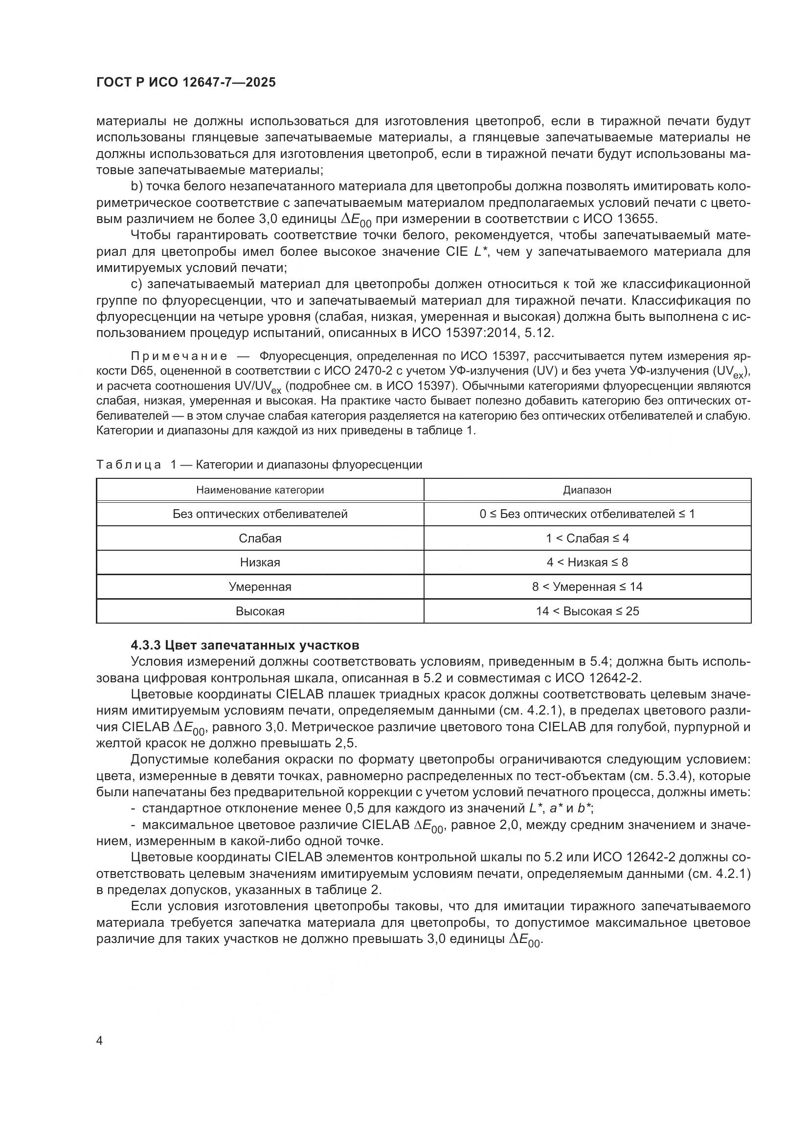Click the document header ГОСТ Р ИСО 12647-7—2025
pyautogui.click(x=186, y=83)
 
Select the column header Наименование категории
pyautogui.click(x=260, y=490)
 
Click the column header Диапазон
pyautogui.click(x=587, y=490)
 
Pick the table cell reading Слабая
pyautogui.click(x=260, y=538)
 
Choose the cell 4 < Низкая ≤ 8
pyautogui.click(x=587, y=562)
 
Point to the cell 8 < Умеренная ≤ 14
pyautogui.click(x=587, y=586)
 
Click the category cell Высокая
pyautogui.click(x=260, y=611)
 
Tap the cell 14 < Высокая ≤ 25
pyautogui.click(x=587, y=611)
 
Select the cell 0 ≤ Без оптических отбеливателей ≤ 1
pyautogui.click(x=587, y=514)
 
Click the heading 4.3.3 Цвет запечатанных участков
pyautogui.click(x=245, y=645)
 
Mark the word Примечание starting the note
pyautogui.click(x=179, y=356)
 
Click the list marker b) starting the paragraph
pyautogui.click(x=136, y=186)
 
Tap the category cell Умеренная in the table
pyautogui.click(x=260, y=586)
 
